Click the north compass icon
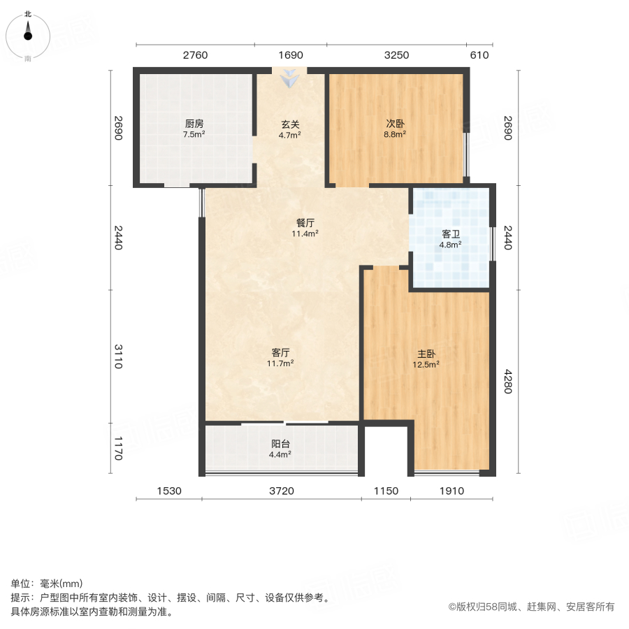(x=28, y=32)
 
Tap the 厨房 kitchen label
(x=194, y=124)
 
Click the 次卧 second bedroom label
(x=396, y=124)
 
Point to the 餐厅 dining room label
(x=305, y=224)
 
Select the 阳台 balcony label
(x=281, y=444)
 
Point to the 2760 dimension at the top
(x=195, y=56)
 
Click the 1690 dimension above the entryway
(x=289, y=56)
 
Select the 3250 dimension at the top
(x=396, y=56)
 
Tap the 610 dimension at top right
(x=479, y=56)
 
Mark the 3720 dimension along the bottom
(x=282, y=491)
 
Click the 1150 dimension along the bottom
(x=386, y=491)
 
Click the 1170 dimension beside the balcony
(x=118, y=449)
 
